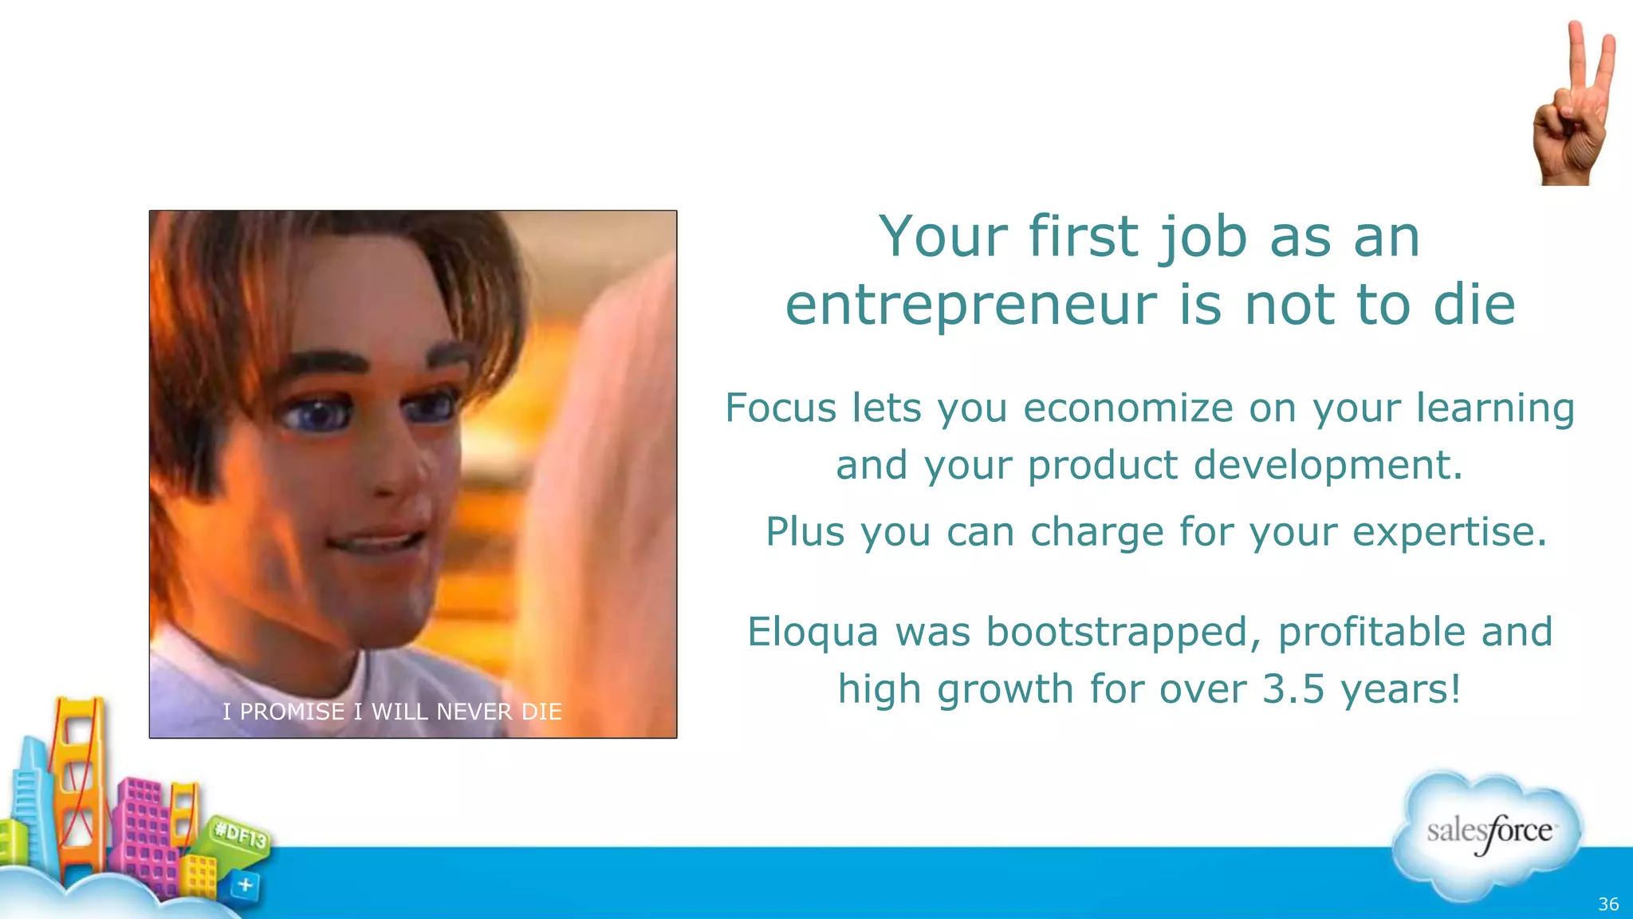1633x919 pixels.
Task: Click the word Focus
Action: point(781,408)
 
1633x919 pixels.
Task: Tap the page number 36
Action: point(1607,904)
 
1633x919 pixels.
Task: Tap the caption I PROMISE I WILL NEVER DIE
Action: point(392,711)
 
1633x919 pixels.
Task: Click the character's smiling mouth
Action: point(375,542)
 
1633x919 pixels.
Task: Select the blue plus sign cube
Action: point(246,885)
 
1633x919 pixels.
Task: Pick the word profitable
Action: point(1371,632)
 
